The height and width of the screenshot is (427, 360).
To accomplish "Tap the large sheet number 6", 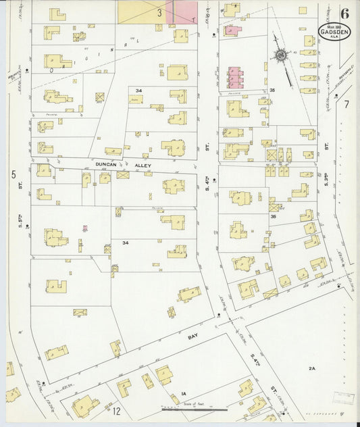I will pyautogui.click(x=345, y=12).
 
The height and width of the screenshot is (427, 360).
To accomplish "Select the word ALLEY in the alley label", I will pyautogui.click(x=143, y=165).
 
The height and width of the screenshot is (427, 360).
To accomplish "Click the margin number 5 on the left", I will pyautogui.click(x=13, y=174).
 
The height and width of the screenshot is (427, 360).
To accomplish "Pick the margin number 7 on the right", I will pyautogui.click(x=346, y=104).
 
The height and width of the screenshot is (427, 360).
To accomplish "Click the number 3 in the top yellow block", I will pyautogui.click(x=160, y=11).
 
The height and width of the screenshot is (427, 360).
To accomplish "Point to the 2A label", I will pyautogui.click(x=311, y=368).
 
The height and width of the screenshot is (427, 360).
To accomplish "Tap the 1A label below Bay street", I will pyautogui.click(x=183, y=393).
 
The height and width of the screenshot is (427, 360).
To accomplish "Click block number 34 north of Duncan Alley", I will pyautogui.click(x=138, y=90).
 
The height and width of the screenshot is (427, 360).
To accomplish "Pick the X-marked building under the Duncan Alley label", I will pyautogui.click(x=123, y=175).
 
